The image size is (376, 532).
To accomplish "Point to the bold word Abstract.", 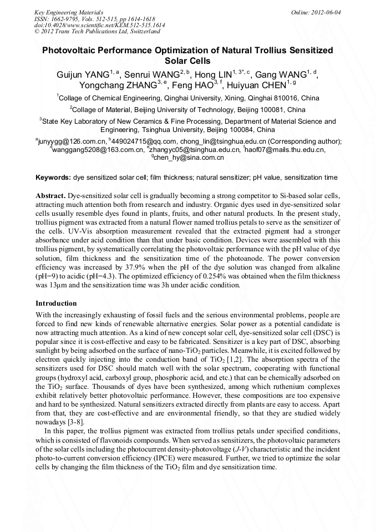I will [51, 197].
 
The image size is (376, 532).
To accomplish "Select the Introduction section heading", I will [56, 303].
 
